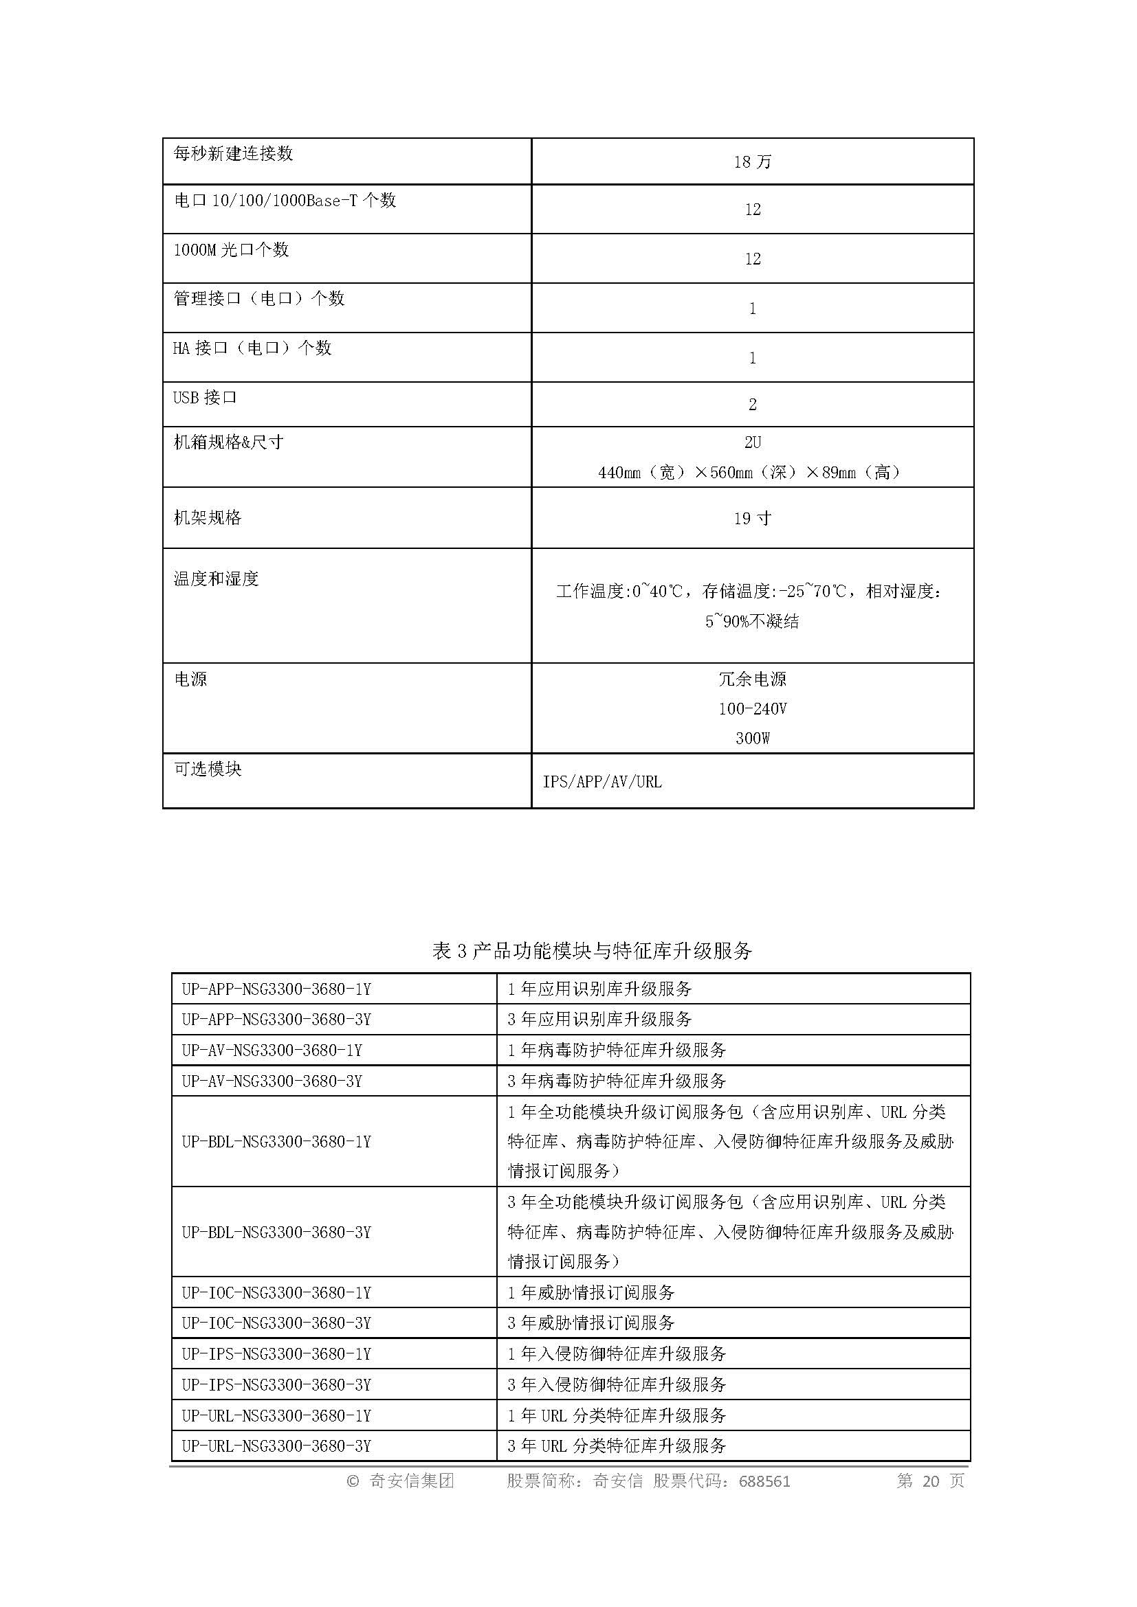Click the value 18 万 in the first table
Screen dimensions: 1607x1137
click(752, 162)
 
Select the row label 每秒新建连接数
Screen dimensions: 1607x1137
click(233, 154)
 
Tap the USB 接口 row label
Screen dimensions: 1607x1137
click(205, 398)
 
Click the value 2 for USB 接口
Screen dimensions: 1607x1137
click(752, 405)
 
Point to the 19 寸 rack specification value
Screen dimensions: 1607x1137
click(752, 519)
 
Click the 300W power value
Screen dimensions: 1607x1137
click(752, 739)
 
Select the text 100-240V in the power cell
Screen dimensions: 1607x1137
click(752, 709)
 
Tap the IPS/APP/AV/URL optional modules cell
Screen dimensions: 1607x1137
click(602, 782)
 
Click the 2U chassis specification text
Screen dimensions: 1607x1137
click(752, 442)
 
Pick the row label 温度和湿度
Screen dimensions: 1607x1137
click(217, 578)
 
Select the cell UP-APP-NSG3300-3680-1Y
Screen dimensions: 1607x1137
click(276, 989)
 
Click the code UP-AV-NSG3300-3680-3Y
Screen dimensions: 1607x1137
click(272, 1081)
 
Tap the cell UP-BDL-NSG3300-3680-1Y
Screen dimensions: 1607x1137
click(276, 1142)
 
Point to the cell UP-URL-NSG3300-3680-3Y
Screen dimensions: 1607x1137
click(276, 1446)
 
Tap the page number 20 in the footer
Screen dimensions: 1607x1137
click(931, 1481)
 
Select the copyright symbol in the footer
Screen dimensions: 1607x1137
click(353, 1481)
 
